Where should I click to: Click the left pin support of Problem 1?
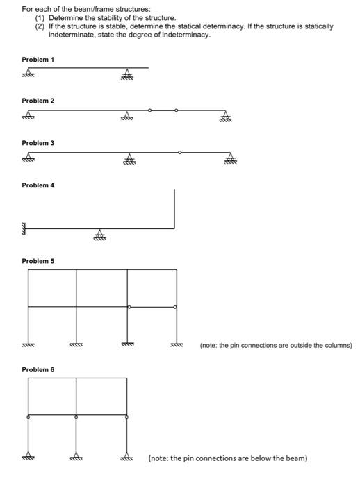click(x=28, y=74)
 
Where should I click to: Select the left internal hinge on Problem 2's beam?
click(x=150, y=110)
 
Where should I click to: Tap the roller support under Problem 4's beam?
click(x=100, y=235)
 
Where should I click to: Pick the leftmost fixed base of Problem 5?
click(x=28, y=342)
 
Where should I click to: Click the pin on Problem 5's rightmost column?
click(x=174, y=306)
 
